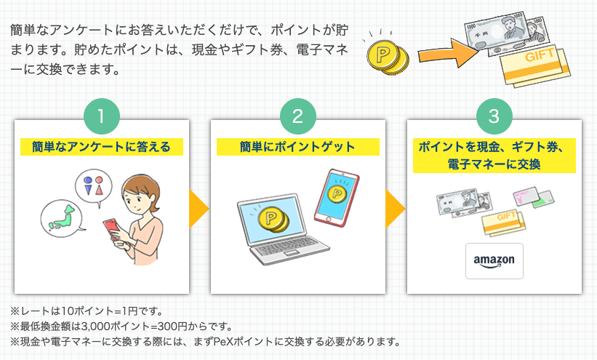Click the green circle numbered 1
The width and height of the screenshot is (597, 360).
coord(102,116)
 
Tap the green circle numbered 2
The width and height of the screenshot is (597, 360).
coord(298,116)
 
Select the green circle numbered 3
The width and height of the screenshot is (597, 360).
coord(494,116)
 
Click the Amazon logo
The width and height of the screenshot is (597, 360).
coord(494,261)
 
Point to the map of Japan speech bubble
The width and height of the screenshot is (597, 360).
coord(61,218)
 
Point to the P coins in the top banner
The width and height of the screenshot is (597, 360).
coord(387,57)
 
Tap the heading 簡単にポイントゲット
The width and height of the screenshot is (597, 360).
coord(297,147)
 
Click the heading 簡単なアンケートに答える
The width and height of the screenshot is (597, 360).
coord(101,147)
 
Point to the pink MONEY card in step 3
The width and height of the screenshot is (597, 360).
coord(526,196)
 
